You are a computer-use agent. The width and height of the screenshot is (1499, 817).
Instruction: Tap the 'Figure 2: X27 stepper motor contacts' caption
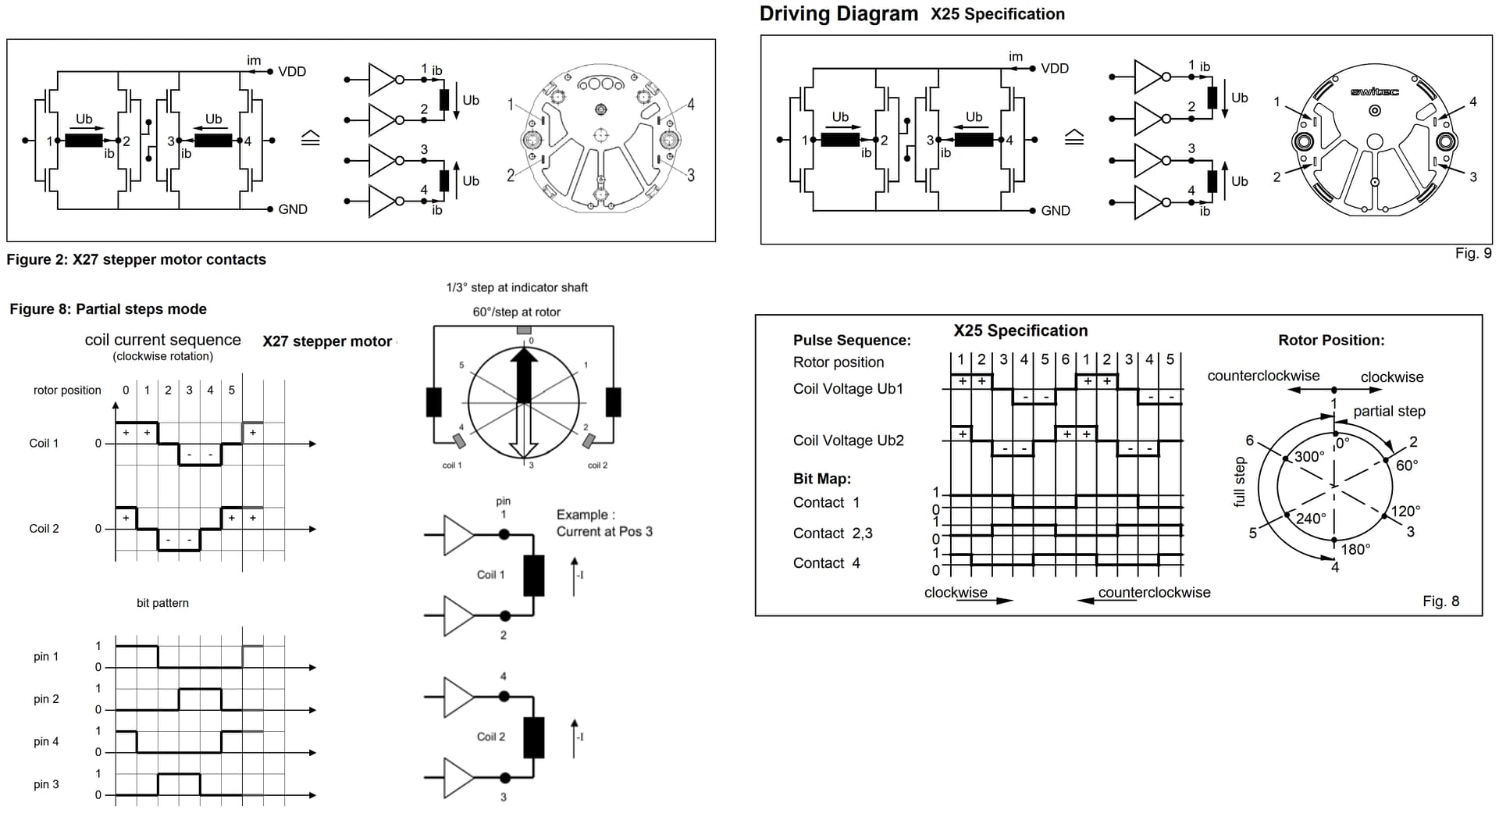point(136,259)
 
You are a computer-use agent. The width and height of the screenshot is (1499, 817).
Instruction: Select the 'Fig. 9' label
point(1472,253)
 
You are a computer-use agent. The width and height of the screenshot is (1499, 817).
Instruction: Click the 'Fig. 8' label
point(1440,601)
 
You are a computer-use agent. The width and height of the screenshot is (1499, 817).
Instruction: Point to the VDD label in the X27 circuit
point(292,72)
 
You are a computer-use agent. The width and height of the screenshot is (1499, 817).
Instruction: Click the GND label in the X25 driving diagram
point(1055,211)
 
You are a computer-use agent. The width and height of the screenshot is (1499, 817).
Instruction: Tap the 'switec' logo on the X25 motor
point(1374,92)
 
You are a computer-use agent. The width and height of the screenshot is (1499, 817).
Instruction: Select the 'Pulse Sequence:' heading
point(851,340)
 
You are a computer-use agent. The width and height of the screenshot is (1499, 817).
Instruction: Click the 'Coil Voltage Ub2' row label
point(848,441)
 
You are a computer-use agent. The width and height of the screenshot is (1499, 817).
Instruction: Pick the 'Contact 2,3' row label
point(832,533)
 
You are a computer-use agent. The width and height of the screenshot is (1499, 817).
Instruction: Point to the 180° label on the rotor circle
point(1355,549)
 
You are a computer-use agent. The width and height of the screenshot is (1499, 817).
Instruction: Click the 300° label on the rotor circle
point(1309,456)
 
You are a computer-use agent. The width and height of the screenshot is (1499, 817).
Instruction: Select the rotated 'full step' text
point(1239,482)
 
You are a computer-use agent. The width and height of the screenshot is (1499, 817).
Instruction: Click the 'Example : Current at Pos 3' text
point(604,523)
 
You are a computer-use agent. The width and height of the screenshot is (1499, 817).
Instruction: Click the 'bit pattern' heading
point(162,603)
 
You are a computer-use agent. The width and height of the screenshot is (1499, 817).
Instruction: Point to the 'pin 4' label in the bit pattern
point(46,741)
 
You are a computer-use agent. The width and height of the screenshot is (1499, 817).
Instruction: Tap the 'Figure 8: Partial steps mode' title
point(108,309)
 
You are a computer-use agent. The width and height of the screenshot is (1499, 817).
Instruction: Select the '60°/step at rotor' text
point(516,312)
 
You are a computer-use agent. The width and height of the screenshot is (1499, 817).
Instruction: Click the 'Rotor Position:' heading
point(1330,340)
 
